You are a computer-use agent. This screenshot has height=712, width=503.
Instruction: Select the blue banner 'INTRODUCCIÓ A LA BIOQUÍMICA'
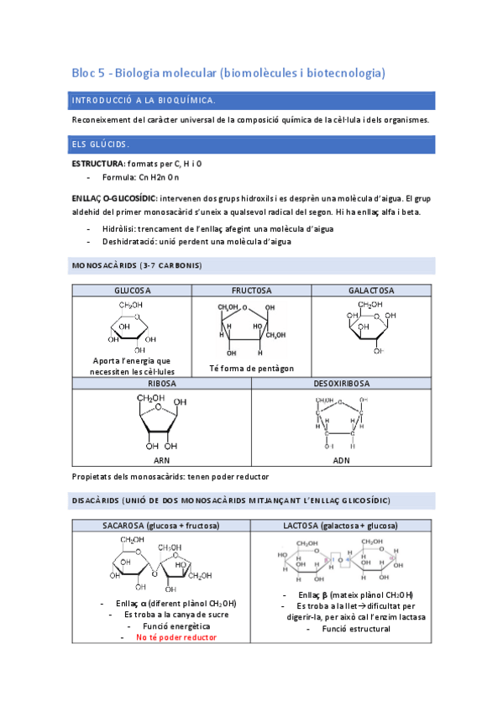[x=252, y=101]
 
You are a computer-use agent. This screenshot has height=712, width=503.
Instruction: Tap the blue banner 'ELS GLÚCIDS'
[x=252, y=144]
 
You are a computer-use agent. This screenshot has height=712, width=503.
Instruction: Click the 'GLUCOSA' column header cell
[x=132, y=291]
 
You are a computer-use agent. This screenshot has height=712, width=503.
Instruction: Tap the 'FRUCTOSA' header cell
[x=251, y=291]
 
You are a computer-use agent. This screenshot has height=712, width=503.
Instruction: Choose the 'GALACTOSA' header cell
[x=371, y=291]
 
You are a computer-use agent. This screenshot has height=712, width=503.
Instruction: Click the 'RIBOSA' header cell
[x=161, y=383]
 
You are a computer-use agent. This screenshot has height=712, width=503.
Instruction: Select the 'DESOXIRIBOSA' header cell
[x=341, y=383]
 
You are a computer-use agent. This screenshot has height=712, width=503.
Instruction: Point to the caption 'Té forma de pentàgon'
[x=251, y=369]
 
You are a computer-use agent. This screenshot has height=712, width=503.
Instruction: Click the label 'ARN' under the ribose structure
[x=161, y=460]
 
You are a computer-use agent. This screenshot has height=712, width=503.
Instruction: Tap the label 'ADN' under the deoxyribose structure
[x=341, y=460]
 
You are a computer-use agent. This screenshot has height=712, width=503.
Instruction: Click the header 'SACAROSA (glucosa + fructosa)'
[x=160, y=526]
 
